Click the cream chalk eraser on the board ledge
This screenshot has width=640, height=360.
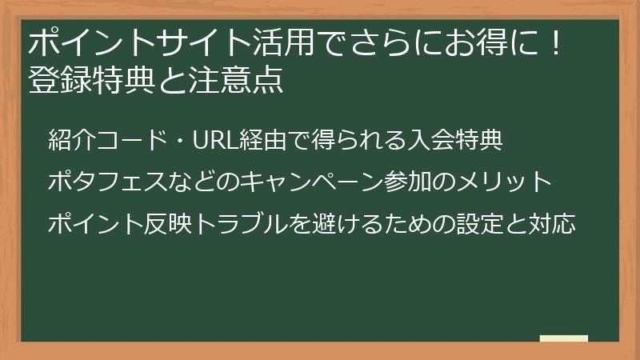563,338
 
